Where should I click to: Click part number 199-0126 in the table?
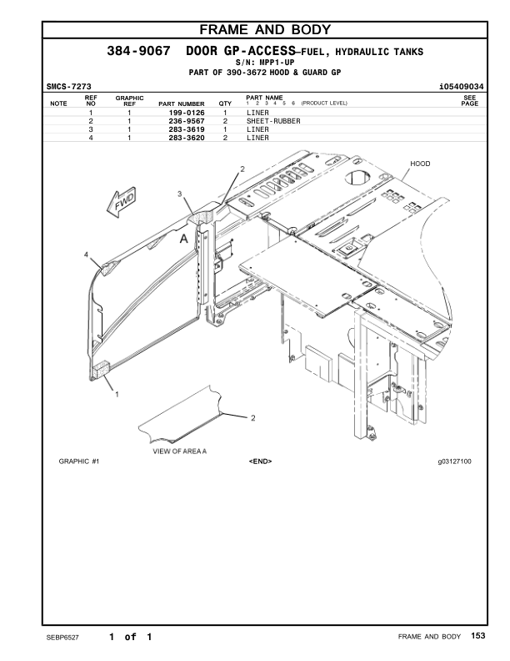pyautogui.click(x=187, y=112)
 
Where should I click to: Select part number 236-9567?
pyautogui.click(x=187, y=121)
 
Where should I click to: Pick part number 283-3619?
pyautogui.click(x=187, y=130)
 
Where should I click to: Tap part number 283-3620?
pyautogui.click(x=187, y=139)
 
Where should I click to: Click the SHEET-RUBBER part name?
pyautogui.click(x=273, y=121)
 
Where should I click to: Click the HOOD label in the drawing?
pyautogui.click(x=420, y=164)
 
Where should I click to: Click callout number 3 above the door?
pyautogui.click(x=178, y=194)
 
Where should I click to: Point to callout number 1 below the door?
pyautogui.click(x=116, y=393)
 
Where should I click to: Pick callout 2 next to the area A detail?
pyautogui.click(x=252, y=416)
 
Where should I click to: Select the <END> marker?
pyautogui.click(x=260, y=461)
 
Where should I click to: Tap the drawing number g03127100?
pyautogui.click(x=454, y=461)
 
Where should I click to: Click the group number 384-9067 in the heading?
pyautogui.click(x=139, y=52)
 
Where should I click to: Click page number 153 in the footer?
pyautogui.click(x=477, y=637)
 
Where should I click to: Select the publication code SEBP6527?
pyautogui.click(x=62, y=638)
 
